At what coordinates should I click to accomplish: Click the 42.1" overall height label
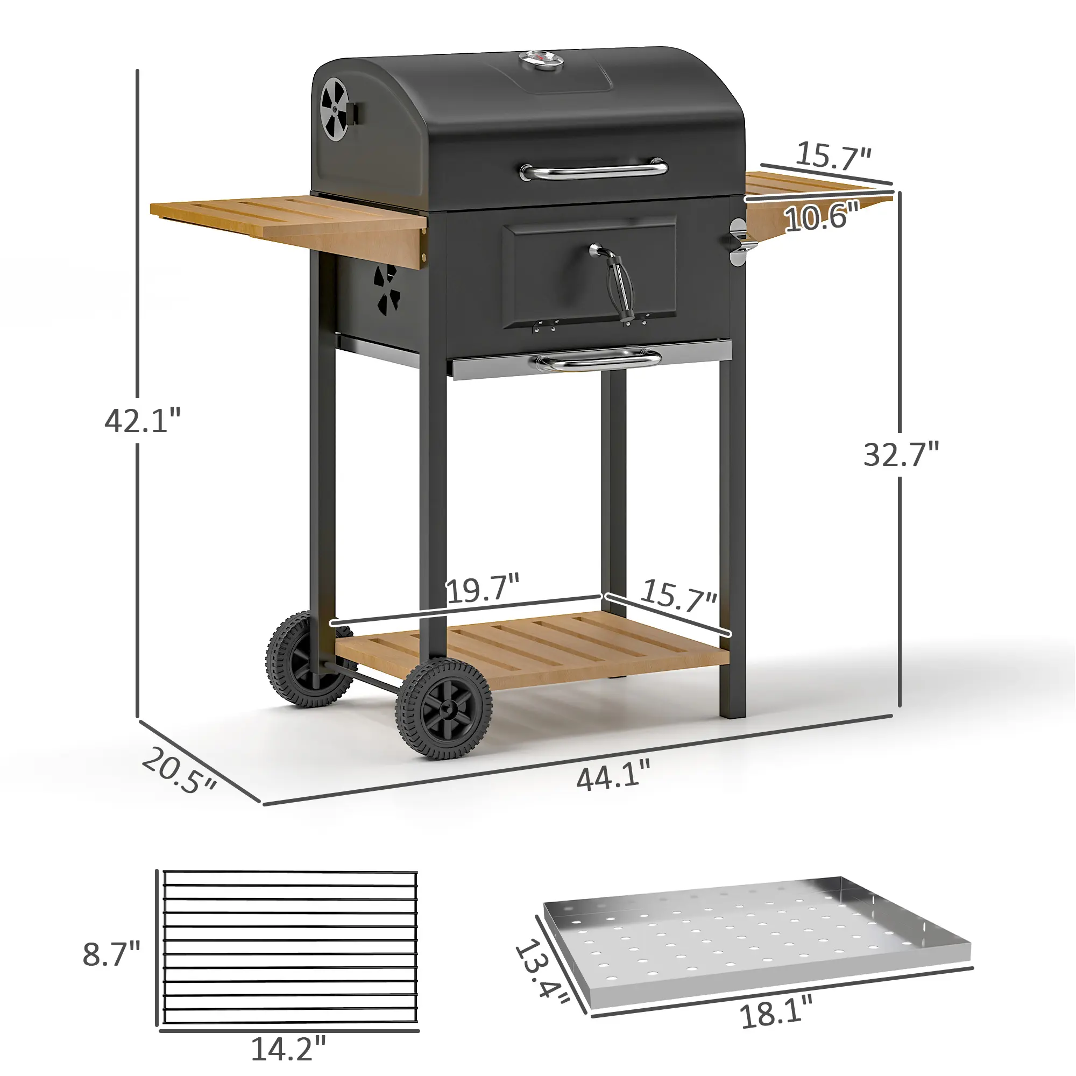pos(143,421)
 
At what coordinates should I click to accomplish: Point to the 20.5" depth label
pos(178,771)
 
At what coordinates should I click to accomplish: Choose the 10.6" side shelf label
pos(822,216)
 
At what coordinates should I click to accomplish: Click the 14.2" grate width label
pos(288,1049)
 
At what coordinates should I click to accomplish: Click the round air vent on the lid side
pos(334,109)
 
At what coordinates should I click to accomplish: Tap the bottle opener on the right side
pos(739,243)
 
